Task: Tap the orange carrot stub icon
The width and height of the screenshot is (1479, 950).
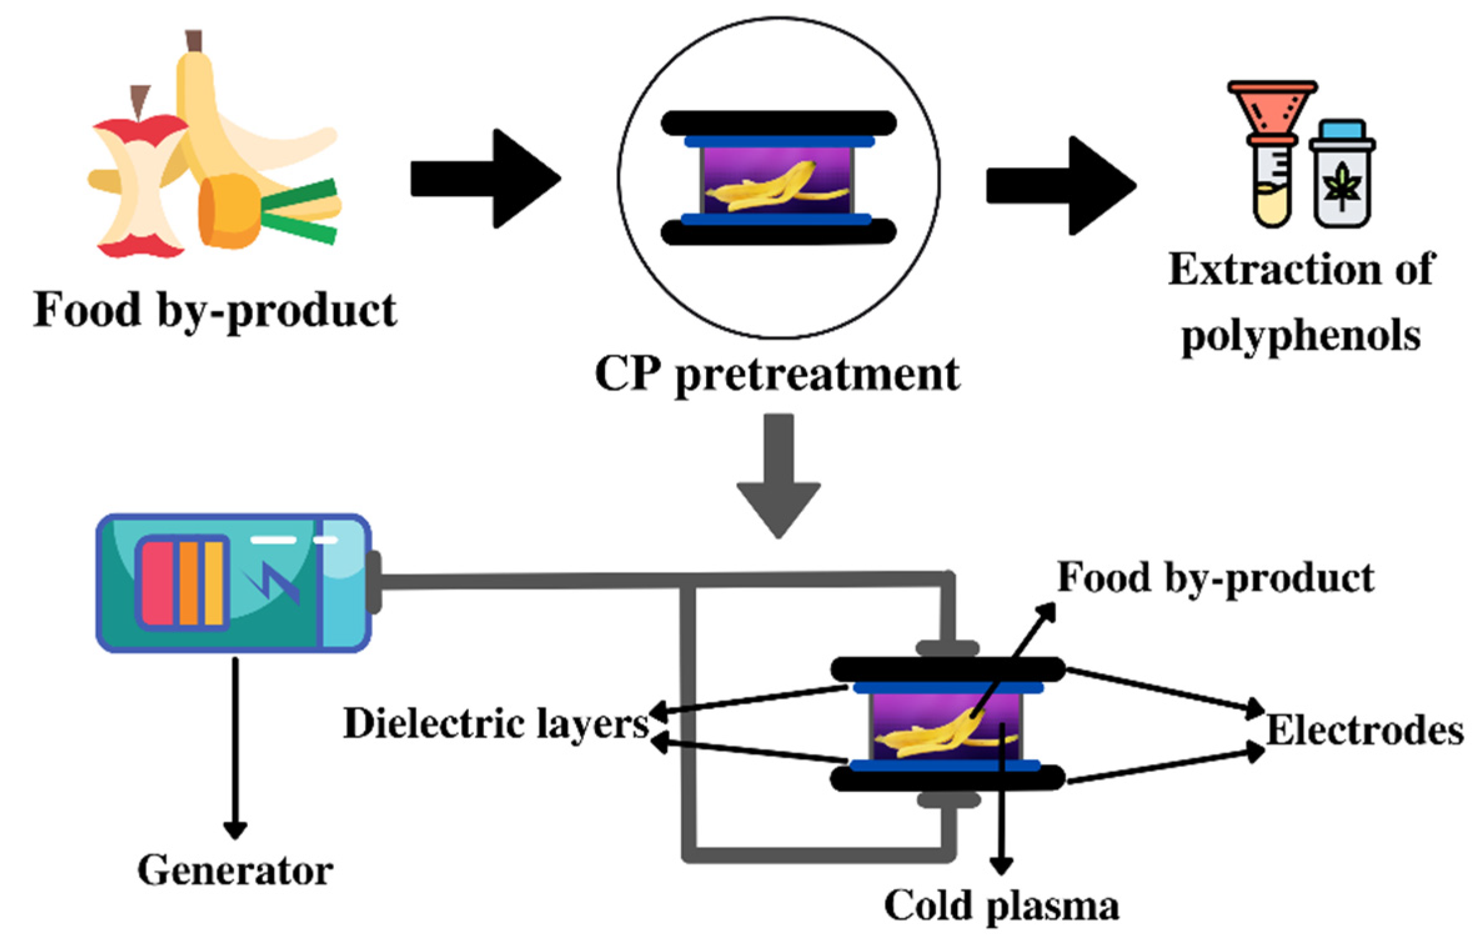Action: (230, 211)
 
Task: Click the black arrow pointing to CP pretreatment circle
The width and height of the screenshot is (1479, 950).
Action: (486, 179)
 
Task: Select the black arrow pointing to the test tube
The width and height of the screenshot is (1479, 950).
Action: (1061, 185)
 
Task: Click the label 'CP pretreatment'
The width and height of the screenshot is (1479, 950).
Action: (777, 375)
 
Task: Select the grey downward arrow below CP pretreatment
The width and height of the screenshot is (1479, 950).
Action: (779, 476)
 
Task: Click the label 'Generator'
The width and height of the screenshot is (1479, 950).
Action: (235, 870)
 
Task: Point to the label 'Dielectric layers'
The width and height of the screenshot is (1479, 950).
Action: (496, 725)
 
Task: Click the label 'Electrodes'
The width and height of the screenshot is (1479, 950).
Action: (1365, 730)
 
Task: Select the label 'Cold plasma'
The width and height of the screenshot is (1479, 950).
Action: (1001, 906)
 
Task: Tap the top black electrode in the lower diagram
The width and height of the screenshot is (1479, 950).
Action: (947, 669)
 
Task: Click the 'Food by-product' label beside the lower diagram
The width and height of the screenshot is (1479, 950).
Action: (1216, 579)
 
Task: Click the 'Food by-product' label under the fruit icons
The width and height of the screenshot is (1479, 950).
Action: (215, 310)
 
